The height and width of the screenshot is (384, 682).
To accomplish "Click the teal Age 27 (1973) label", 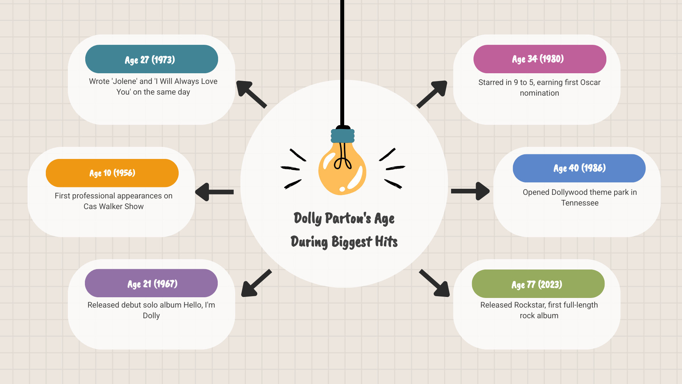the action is tap(152, 59).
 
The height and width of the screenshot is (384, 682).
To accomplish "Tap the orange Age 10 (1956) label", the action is tap(112, 173).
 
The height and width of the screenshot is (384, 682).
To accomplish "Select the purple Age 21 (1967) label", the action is tap(151, 283).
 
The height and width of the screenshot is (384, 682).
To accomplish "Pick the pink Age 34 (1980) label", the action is tap(540, 59).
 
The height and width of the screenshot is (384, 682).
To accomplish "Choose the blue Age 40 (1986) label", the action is tap(579, 168).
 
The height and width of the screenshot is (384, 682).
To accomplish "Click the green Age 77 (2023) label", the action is tap(538, 284).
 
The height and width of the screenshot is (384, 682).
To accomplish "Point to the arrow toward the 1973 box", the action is tap(251, 94).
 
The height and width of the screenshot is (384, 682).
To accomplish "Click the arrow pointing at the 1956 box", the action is tap(214, 192).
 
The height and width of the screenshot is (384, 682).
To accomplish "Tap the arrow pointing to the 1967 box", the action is tap(256, 283).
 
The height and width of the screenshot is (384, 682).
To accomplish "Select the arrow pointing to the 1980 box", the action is tap(432, 94).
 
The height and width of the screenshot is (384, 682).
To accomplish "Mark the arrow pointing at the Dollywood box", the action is tap(470, 191).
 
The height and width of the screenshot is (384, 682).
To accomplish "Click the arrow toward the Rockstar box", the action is tap(434, 283).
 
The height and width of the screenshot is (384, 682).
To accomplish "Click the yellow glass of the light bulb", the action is tap(342, 169).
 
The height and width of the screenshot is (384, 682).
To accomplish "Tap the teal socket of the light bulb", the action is tap(343, 136).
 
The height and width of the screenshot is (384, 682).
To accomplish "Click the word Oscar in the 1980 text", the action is tap(590, 82).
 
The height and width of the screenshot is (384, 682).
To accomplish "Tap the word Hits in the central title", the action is tap(386, 242).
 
